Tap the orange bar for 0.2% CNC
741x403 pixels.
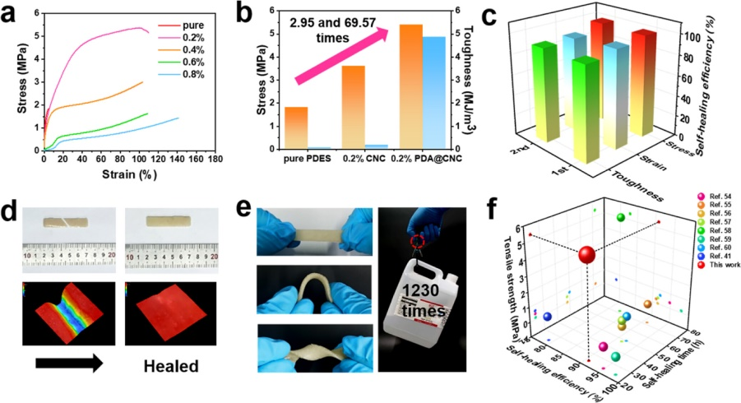[353, 107]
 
